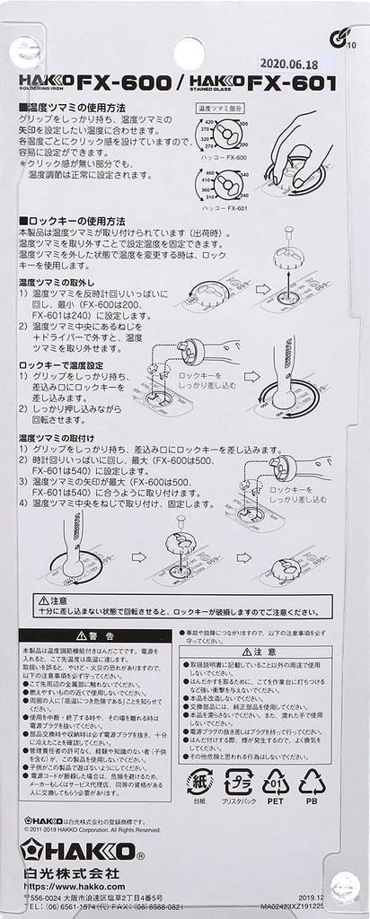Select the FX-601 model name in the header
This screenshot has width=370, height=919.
click(293, 83)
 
